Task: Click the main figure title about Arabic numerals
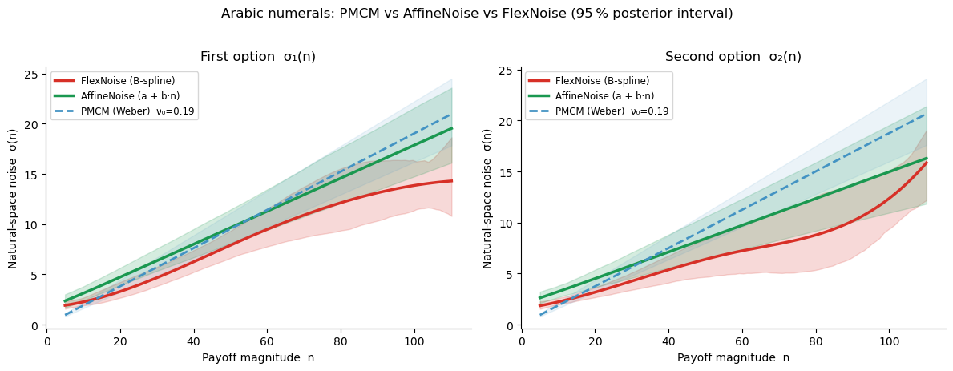click(477, 14)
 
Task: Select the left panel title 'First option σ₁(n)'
click(258, 57)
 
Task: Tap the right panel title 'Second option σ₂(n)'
click(733, 57)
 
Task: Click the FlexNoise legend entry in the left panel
click(127, 81)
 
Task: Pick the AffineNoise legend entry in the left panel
click(131, 96)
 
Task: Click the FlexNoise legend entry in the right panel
click(602, 81)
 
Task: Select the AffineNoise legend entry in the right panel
click(606, 96)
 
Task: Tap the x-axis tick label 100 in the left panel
click(414, 340)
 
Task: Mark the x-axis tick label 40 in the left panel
click(193, 340)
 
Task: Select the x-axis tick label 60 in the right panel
click(741, 340)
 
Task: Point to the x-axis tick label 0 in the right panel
click(522, 340)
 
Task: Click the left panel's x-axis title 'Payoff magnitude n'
click(258, 357)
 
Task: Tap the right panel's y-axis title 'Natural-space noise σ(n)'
click(487, 196)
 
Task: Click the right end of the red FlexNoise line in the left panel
click(452, 181)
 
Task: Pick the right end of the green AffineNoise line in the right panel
click(927, 158)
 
